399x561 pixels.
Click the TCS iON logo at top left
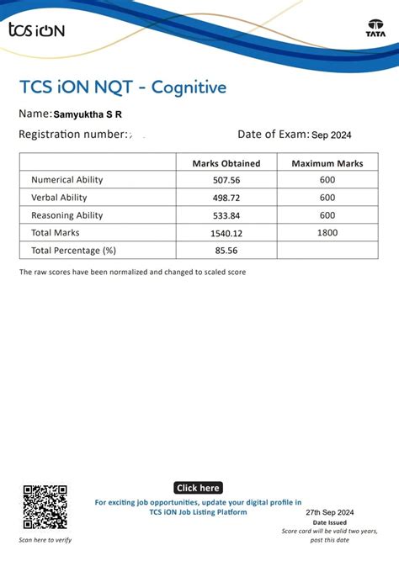(x=35, y=30)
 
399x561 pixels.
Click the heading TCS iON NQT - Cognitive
(x=122, y=87)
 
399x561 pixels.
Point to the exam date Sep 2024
(x=331, y=135)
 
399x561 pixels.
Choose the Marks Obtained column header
(x=226, y=163)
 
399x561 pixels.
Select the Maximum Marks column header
(x=327, y=163)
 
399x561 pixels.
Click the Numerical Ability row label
(x=66, y=180)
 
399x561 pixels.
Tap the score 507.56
(x=226, y=180)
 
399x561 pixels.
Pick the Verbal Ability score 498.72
(x=226, y=198)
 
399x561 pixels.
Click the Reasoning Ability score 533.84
(x=226, y=215)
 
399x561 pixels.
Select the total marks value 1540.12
(x=226, y=233)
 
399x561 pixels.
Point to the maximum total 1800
(x=327, y=233)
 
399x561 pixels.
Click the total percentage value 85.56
(x=226, y=251)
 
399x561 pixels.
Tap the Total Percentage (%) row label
(x=73, y=251)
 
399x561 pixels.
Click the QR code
(x=45, y=506)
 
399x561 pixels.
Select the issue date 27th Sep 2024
(x=330, y=512)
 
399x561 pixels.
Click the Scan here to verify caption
(x=45, y=540)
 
